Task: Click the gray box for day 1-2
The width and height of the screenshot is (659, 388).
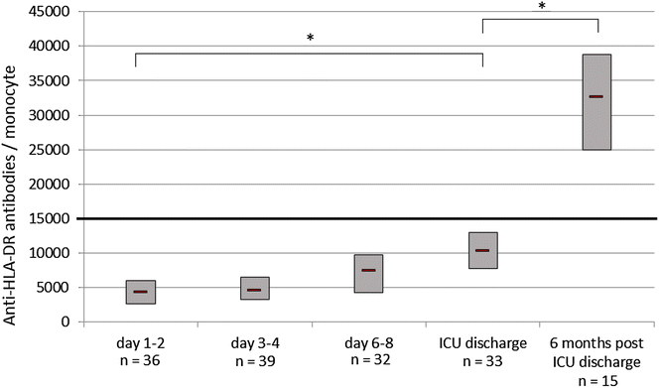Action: pos(141,292)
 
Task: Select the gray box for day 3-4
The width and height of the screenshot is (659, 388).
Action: pos(255,288)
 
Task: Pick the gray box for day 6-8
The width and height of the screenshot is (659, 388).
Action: pos(368,274)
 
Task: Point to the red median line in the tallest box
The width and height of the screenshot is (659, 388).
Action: pos(595,96)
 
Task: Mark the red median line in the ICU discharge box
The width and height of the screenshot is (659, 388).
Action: pos(482,250)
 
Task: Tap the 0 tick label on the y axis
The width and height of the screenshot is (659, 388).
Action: pos(65,322)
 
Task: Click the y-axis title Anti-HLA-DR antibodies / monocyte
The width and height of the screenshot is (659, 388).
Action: pos(12,169)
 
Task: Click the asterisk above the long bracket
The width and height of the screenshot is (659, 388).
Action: pos(310,39)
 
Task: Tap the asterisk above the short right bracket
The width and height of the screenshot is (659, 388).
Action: pos(542,7)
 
